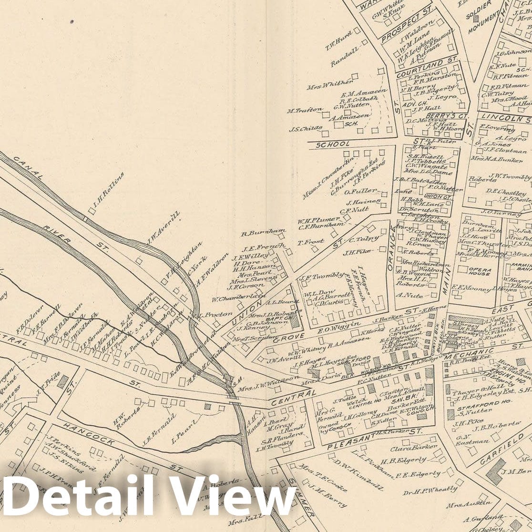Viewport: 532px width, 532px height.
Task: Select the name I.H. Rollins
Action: (107, 192)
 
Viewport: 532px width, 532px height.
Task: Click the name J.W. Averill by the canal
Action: (164, 228)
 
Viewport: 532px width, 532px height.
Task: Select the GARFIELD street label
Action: (498, 449)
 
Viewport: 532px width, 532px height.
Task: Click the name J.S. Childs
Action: (305, 128)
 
